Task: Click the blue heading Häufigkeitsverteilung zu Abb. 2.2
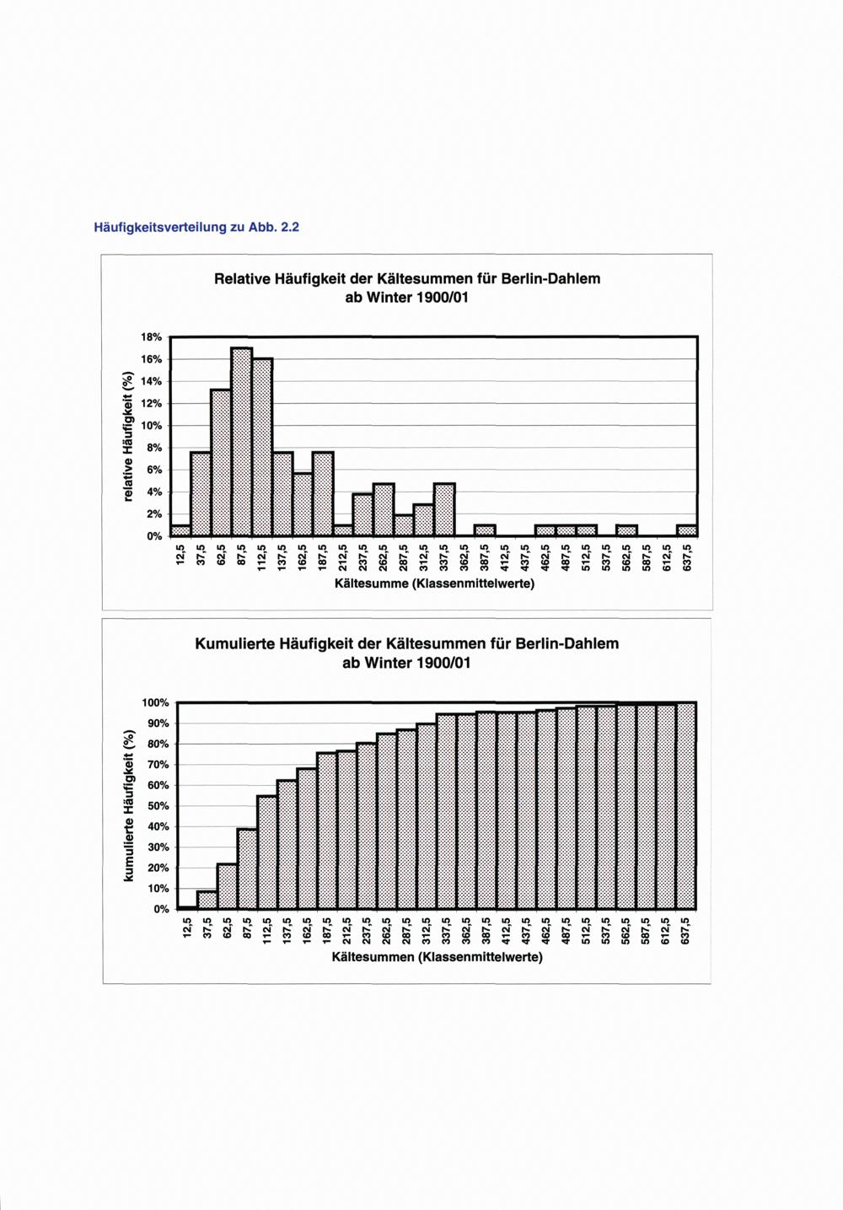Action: pos(196,228)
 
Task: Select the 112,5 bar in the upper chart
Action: pos(262,447)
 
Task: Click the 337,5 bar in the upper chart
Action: pos(444,509)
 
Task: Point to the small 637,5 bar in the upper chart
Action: pos(687,530)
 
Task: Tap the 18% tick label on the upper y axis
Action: pos(151,337)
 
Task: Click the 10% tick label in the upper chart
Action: pos(151,426)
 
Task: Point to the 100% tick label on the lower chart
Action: pos(155,703)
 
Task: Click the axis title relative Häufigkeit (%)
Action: pos(128,437)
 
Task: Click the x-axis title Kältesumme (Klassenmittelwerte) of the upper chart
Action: pos(434,583)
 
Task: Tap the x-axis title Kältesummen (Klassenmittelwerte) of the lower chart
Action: pos(437,957)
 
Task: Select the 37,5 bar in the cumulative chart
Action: pos(207,900)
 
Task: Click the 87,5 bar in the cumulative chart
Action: pos(247,869)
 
